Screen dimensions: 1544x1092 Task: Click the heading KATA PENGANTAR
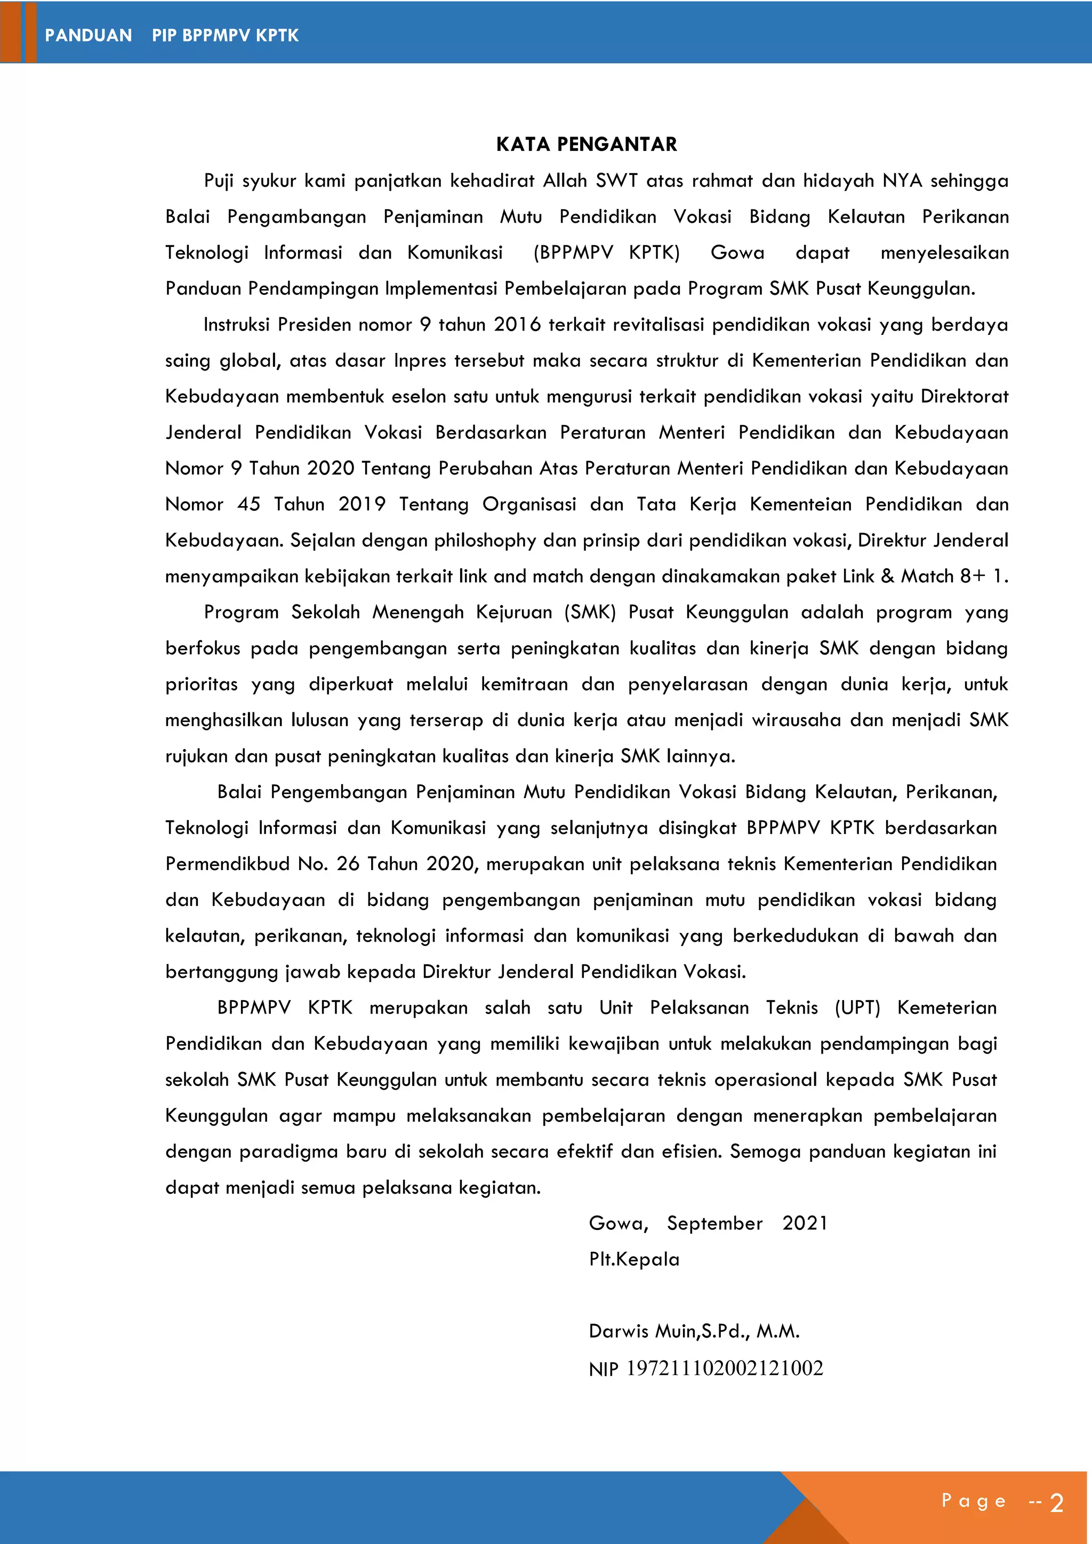[587, 144]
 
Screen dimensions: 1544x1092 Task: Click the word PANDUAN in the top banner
[88, 36]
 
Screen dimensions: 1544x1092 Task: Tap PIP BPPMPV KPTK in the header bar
[225, 36]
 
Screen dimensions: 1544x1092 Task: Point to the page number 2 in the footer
[1056, 1503]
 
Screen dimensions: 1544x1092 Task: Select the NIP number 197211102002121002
[724, 1369]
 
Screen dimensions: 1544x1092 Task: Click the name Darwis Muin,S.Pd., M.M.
[694, 1331]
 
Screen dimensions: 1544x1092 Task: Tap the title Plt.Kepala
[634, 1259]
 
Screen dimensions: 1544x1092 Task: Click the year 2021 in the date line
[805, 1223]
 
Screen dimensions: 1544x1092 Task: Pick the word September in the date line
[715, 1223]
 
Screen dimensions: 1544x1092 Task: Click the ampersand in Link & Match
[888, 576]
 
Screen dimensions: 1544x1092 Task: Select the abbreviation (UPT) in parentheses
[857, 1007]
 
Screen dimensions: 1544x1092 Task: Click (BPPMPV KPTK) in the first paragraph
[606, 253]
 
